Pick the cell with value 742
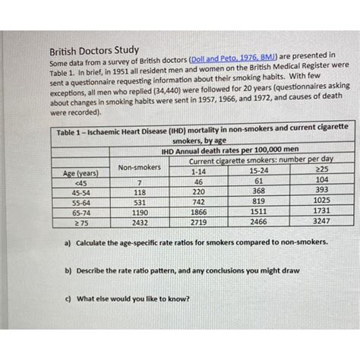199,203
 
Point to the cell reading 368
258,192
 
